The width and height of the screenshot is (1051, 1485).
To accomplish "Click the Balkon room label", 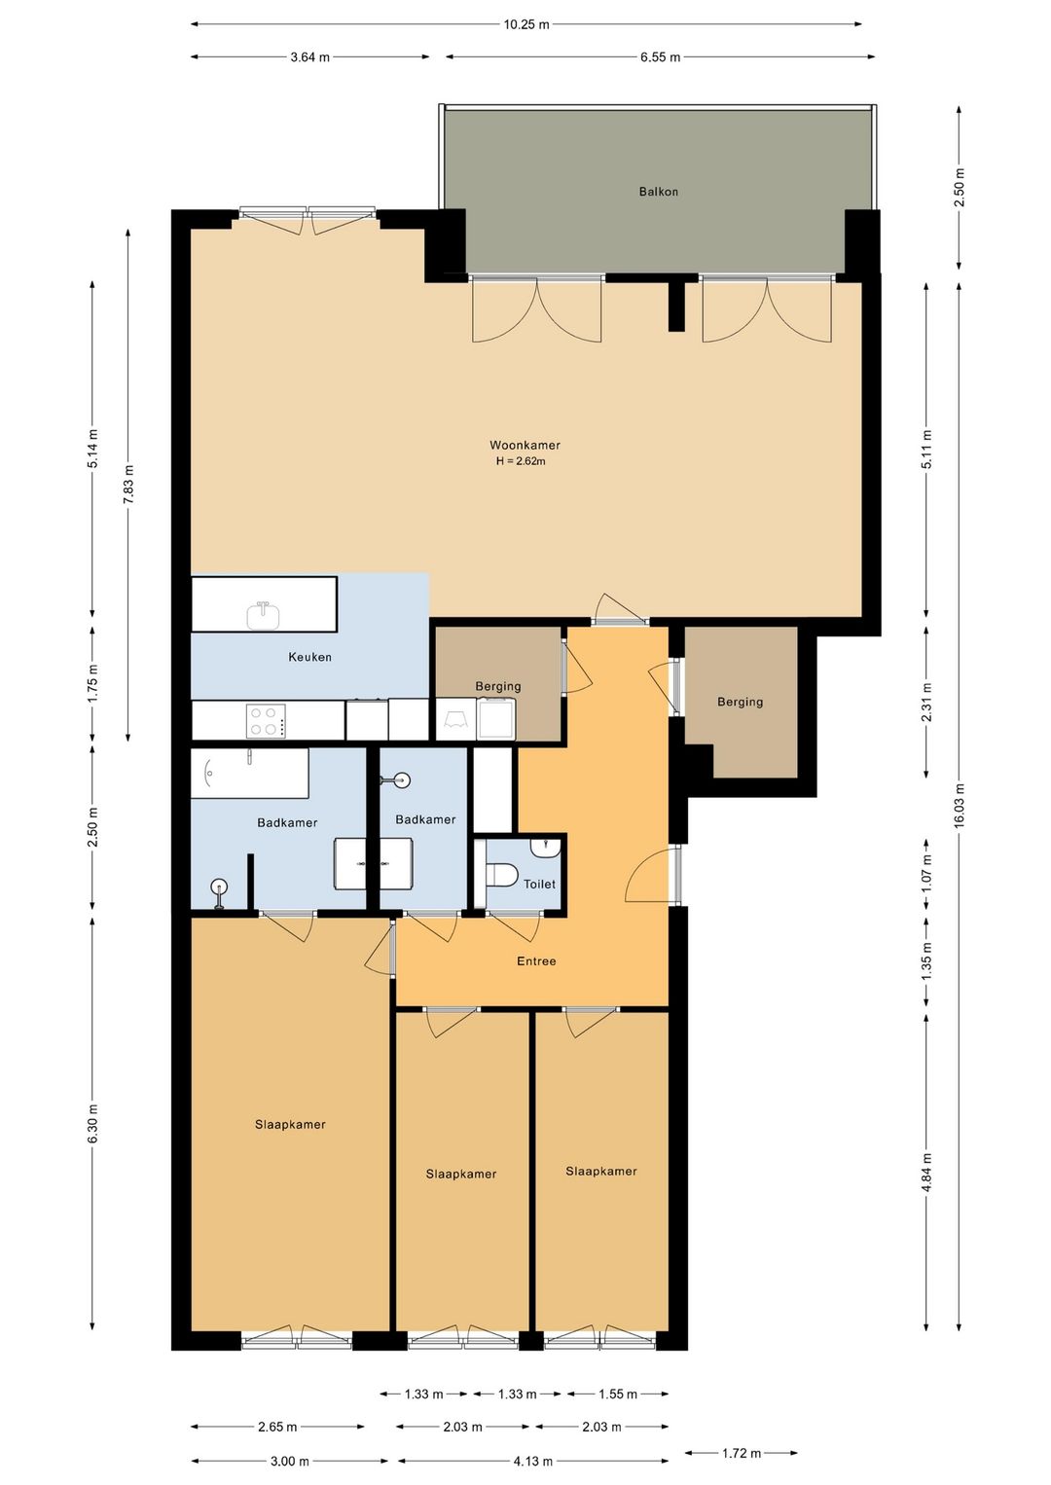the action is click(659, 192).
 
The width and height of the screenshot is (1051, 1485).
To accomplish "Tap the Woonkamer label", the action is click(525, 446).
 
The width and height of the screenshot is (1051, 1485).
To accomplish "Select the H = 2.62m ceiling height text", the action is click(521, 461).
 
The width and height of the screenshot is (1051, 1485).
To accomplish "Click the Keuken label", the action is click(309, 657).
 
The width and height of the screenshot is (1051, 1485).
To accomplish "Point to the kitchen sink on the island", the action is click(264, 615).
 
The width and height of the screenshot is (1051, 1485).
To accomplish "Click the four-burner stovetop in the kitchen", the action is click(266, 721).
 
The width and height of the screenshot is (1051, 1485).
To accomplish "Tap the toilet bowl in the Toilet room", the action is click(501, 875).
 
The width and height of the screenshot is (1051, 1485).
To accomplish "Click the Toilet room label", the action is click(539, 884).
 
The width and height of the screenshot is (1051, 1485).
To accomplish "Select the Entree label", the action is click(536, 960).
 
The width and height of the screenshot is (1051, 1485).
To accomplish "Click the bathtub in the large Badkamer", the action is click(250, 773).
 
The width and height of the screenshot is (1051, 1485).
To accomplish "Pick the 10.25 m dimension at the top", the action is click(526, 24).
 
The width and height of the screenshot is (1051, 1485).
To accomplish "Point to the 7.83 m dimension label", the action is click(128, 485).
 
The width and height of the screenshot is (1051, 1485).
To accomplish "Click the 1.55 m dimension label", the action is click(617, 1394).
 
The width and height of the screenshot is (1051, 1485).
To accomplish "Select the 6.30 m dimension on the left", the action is click(92, 1123).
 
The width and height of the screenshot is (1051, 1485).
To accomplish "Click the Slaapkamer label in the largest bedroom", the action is click(290, 1124).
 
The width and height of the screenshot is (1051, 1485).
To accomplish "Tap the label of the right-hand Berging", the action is click(740, 702).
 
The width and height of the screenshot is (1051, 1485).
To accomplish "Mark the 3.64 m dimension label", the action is click(309, 57).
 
